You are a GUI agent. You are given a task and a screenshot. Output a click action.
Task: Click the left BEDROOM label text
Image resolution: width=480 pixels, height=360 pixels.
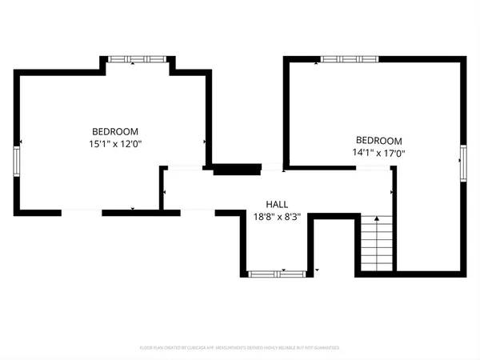pyautogui.click(x=115, y=132)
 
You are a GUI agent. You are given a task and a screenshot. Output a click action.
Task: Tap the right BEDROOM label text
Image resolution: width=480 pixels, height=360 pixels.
pyautogui.click(x=378, y=140)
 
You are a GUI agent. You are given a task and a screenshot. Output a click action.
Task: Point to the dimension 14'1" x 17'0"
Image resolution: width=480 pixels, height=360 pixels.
pyautogui.click(x=378, y=152)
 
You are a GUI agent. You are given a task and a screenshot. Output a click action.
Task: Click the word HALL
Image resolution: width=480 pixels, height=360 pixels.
pyautogui.click(x=278, y=204)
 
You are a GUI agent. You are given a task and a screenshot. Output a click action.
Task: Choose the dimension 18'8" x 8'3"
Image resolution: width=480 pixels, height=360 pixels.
pyautogui.click(x=277, y=216)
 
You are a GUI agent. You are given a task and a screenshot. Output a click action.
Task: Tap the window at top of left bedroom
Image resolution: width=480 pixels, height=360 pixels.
pyautogui.click(x=137, y=58)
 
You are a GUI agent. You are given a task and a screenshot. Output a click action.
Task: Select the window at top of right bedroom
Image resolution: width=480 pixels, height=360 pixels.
pyautogui.click(x=350, y=58)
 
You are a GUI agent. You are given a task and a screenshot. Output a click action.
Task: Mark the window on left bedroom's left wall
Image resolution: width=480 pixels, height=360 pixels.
pyautogui.click(x=16, y=160)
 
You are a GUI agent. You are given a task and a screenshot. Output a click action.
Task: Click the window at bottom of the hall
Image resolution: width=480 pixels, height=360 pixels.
pyautogui.click(x=277, y=274)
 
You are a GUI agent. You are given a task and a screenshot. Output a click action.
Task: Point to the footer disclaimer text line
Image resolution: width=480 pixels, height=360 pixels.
pyautogui.click(x=240, y=348)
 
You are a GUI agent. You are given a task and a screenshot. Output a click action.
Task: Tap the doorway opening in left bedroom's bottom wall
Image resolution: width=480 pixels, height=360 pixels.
pyautogui.click(x=82, y=212)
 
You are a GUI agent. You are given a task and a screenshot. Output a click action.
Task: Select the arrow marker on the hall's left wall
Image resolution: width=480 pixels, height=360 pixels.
pyautogui.click(x=164, y=193)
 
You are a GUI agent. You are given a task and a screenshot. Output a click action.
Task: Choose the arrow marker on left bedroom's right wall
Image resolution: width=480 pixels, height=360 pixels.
pyautogui.click(x=206, y=142)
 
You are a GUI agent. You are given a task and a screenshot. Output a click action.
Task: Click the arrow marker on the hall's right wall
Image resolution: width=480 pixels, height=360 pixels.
pyautogui.click(x=390, y=193)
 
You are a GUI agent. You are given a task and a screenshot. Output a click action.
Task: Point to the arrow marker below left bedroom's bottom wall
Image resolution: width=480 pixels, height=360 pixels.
pyautogui.click(x=133, y=210)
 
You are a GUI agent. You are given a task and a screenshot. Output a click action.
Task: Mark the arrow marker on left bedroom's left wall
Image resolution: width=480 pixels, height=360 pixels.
pyautogui.click(x=21, y=142)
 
